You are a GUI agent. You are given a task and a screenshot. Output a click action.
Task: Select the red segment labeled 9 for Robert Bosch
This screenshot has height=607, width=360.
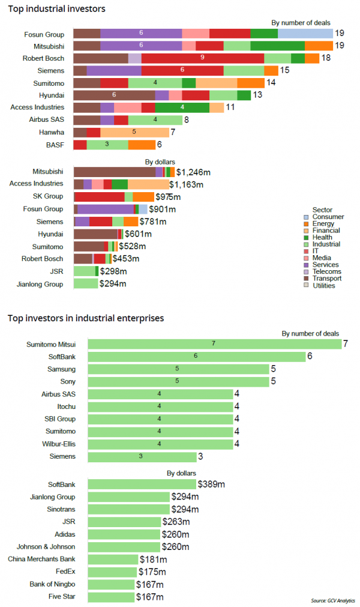pyautogui.click(x=203, y=58)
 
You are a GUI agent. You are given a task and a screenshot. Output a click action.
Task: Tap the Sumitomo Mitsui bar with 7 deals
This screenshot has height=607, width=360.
pyautogui.click(x=214, y=344)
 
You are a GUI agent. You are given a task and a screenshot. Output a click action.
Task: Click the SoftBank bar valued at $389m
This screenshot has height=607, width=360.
pyautogui.click(x=142, y=484)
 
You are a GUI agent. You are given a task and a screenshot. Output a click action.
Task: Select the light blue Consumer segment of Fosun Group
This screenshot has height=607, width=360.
pyautogui.click(x=305, y=33)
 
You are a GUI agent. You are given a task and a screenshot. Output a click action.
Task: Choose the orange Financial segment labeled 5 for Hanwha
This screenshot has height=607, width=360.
pyautogui.click(x=134, y=132)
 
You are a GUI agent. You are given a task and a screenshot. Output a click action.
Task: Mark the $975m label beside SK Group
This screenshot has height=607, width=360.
pyautogui.click(x=168, y=197)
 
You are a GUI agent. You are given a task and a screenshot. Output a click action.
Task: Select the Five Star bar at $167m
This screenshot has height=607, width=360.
pyautogui.click(x=111, y=597)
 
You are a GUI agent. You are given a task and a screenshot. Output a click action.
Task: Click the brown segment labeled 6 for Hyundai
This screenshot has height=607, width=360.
pyautogui.click(x=114, y=95)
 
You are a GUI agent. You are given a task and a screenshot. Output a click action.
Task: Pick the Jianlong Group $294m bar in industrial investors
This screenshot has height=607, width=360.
pyautogui.click(x=86, y=283)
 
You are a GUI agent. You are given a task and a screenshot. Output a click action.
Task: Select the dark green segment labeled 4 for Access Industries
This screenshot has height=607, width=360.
pyautogui.click(x=182, y=107)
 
